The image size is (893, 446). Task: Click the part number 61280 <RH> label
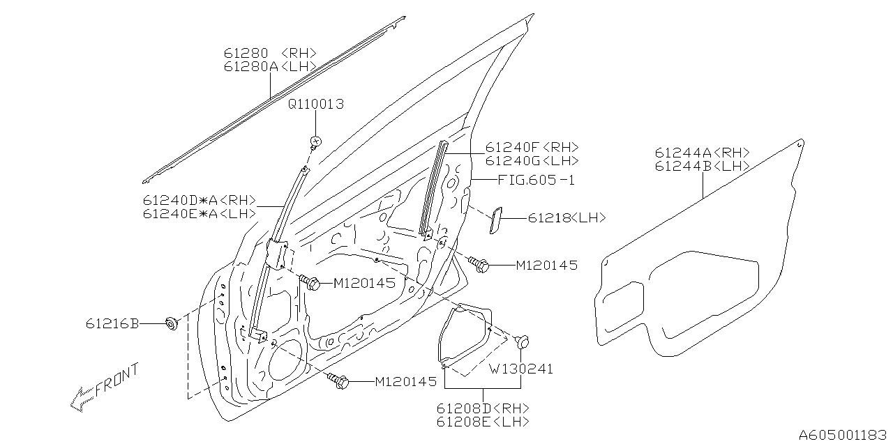tap(270, 53)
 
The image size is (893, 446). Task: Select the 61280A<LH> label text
tap(270, 66)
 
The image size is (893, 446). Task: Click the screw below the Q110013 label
tap(315, 141)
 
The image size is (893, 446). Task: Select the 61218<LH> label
tap(566, 218)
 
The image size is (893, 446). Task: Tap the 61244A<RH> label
tap(702, 153)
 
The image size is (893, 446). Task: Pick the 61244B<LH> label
tap(702, 167)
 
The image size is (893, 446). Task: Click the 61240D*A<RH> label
tap(200, 200)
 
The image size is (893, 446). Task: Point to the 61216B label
tap(112, 323)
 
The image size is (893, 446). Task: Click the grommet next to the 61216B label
tap(170, 323)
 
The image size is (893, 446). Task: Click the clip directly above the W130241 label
tap(522, 341)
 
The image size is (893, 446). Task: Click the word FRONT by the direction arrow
tap(117, 379)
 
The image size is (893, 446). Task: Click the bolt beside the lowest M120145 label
tap(338, 380)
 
